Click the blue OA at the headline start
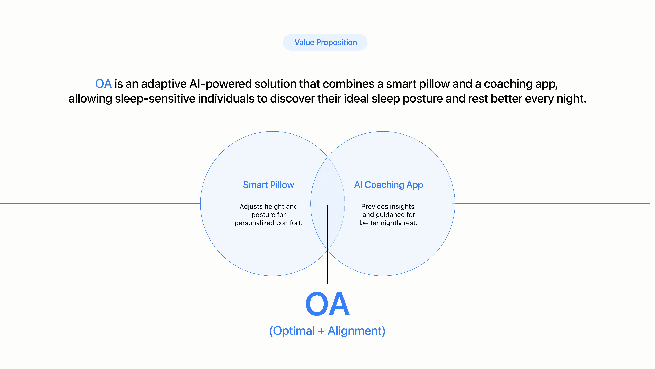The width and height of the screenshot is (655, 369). (x=103, y=84)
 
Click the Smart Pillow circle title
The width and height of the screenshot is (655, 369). (x=268, y=185)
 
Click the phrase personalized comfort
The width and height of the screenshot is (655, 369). (x=268, y=223)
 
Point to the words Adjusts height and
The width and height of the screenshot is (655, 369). (x=268, y=206)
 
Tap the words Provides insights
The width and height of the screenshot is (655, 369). (x=388, y=206)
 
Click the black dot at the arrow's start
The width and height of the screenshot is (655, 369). (x=327, y=206)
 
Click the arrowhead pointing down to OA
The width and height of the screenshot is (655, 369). (x=327, y=283)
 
